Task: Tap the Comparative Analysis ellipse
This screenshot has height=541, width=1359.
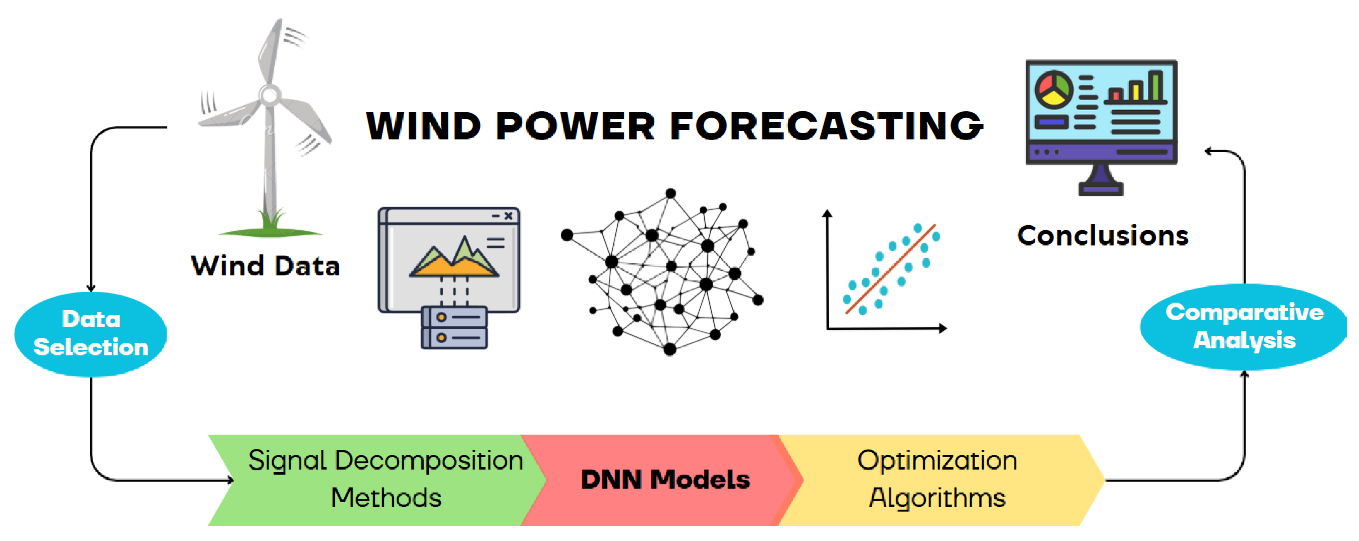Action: click(x=1244, y=327)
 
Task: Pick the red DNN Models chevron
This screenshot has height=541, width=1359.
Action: click(x=662, y=480)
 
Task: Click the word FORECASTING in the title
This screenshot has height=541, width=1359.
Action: click(x=827, y=126)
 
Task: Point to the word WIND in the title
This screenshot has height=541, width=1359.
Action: click(x=424, y=126)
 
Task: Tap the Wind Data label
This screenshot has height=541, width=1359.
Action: click(x=265, y=266)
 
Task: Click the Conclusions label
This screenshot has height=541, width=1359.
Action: click(x=1103, y=236)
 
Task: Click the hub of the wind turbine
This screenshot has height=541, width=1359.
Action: click(x=270, y=96)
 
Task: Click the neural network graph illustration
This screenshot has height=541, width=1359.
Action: click(x=662, y=271)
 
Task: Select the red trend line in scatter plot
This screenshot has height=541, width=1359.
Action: click(x=891, y=269)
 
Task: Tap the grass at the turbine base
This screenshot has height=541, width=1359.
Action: click(x=270, y=224)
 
